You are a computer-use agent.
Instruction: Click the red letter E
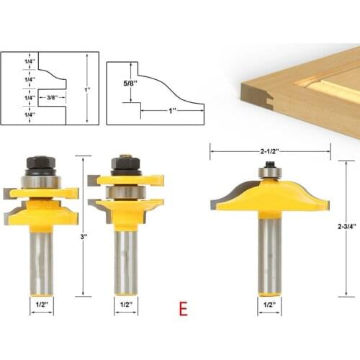184,310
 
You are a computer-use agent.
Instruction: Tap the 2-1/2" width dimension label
270,151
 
